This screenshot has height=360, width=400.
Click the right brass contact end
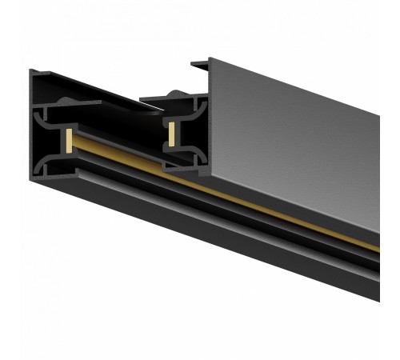coord(172,133)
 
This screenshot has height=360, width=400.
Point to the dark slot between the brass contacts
coord(120,148)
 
